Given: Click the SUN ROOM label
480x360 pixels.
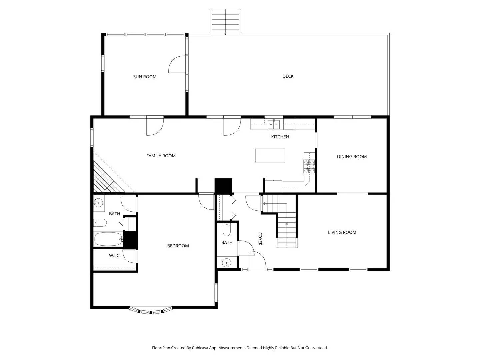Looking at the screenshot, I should [145, 77].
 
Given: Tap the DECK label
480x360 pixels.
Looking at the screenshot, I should [288, 76].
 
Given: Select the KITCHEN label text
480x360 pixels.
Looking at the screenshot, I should [280, 137].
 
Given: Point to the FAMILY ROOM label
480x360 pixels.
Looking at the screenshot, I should [161, 156].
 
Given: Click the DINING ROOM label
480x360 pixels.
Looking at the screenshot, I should [352, 157].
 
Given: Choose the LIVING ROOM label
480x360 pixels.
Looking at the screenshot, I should [342, 232].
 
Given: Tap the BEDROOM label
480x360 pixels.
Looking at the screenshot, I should [178, 246].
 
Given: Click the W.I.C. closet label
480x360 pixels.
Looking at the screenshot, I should [115, 256].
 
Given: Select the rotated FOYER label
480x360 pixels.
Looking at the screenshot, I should [260, 239].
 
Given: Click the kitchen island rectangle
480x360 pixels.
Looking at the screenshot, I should [270, 155].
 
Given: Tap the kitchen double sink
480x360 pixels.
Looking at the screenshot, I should [274, 125].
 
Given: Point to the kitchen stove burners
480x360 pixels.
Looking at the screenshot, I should [309, 166].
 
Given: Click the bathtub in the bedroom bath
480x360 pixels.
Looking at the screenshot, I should [108, 239].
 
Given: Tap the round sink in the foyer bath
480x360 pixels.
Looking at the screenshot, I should [227, 263].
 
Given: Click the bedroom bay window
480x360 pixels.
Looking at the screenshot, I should [151, 311].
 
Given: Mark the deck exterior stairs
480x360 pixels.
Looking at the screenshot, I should [225, 22].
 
